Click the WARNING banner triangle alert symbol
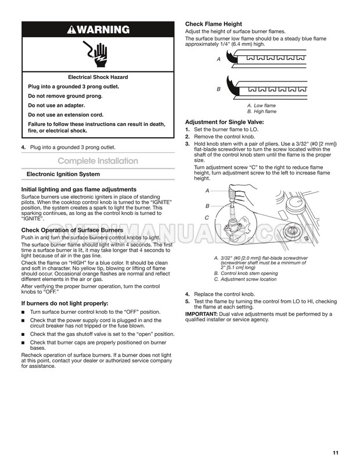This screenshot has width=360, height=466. (x=74, y=30)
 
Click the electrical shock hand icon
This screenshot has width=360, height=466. (x=98, y=54)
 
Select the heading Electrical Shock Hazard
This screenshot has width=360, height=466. (x=98, y=77)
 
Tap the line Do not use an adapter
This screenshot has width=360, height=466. (x=56, y=105)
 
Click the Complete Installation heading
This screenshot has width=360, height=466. (x=98, y=161)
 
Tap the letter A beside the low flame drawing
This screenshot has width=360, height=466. (x=218, y=59)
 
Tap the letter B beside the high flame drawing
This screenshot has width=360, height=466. (x=218, y=89)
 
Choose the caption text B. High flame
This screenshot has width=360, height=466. (x=261, y=111)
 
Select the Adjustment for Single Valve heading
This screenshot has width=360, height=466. (x=224, y=121)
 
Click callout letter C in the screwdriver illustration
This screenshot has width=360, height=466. (x=207, y=217)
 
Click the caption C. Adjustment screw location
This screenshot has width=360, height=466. (x=245, y=279)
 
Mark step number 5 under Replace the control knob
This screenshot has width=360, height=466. (x=187, y=302)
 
